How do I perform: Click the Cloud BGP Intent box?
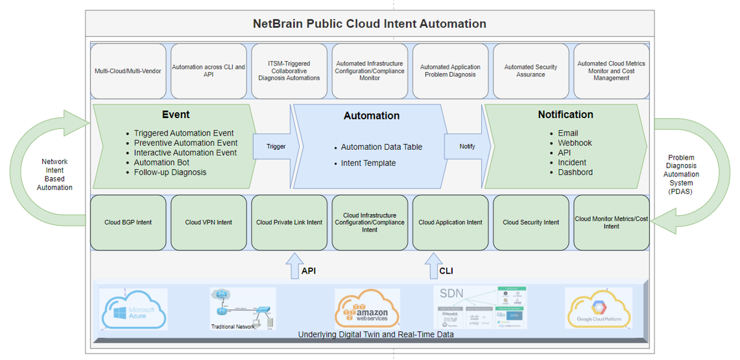click(x=128, y=222)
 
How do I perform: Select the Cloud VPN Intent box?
click(x=208, y=222)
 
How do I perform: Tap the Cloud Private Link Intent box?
click(x=289, y=222)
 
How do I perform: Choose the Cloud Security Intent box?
click(x=531, y=222)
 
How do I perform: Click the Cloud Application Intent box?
click(x=450, y=222)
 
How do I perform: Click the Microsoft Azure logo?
click(x=134, y=309)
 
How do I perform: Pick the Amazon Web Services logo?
click(x=367, y=308)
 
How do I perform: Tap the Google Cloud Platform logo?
click(x=599, y=309)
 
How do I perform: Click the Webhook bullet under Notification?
click(x=575, y=143)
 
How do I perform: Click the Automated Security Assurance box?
click(x=531, y=71)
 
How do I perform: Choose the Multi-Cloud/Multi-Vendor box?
click(x=128, y=71)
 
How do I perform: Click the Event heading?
click(x=176, y=115)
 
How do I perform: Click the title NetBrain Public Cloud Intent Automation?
click(x=370, y=24)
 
